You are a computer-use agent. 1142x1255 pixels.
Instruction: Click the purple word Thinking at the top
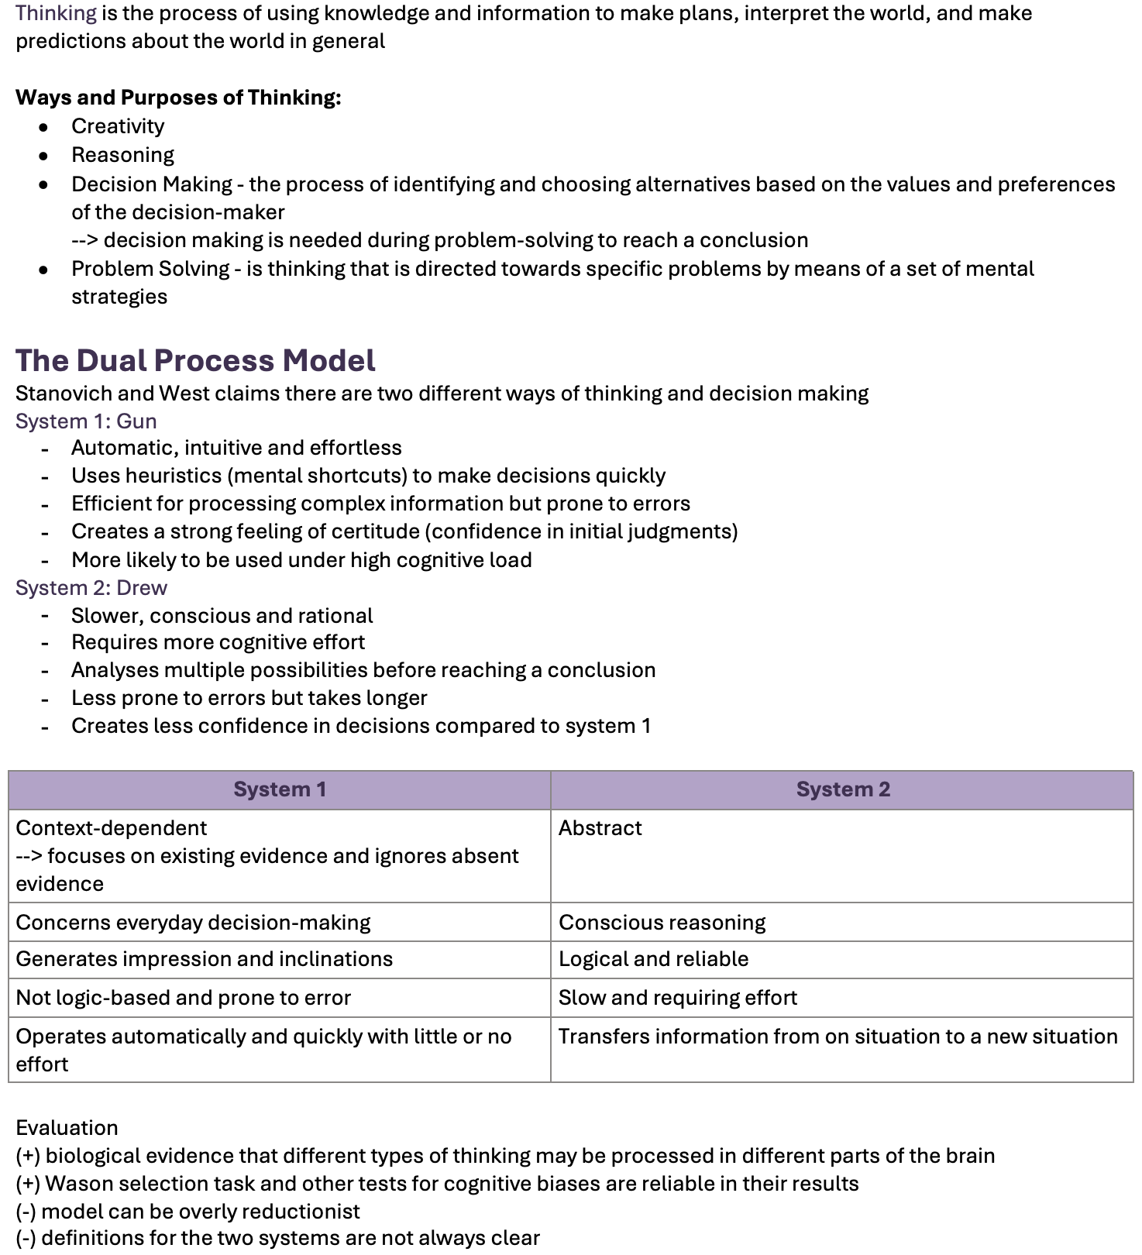click(56, 13)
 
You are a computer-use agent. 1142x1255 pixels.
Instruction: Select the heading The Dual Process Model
click(195, 361)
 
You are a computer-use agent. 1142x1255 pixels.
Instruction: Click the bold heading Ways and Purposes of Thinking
click(178, 98)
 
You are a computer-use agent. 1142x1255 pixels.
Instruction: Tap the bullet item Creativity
click(118, 126)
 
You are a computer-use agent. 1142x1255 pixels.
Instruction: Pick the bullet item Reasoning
click(122, 155)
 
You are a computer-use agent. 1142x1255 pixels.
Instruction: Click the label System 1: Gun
click(86, 421)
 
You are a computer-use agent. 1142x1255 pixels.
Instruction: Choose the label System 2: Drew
click(91, 588)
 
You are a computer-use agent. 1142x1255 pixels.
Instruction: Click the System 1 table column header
click(280, 789)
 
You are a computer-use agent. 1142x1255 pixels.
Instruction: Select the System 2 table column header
click(843, 789)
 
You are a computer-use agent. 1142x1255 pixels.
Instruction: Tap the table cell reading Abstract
click(600, 828)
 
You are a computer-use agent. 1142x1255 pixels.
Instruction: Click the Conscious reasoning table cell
click(662, 923)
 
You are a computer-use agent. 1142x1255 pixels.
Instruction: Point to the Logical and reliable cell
click(654, 959)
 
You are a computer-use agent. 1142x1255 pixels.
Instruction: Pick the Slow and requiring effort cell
click(678, 998)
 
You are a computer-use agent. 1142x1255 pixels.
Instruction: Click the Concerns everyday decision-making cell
click(193, 923)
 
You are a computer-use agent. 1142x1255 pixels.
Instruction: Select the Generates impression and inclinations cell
click(205, 959)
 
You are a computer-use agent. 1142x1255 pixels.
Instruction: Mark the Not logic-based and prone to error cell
click(184, 998)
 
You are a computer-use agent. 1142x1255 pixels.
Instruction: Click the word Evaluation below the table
click(67, 1128)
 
